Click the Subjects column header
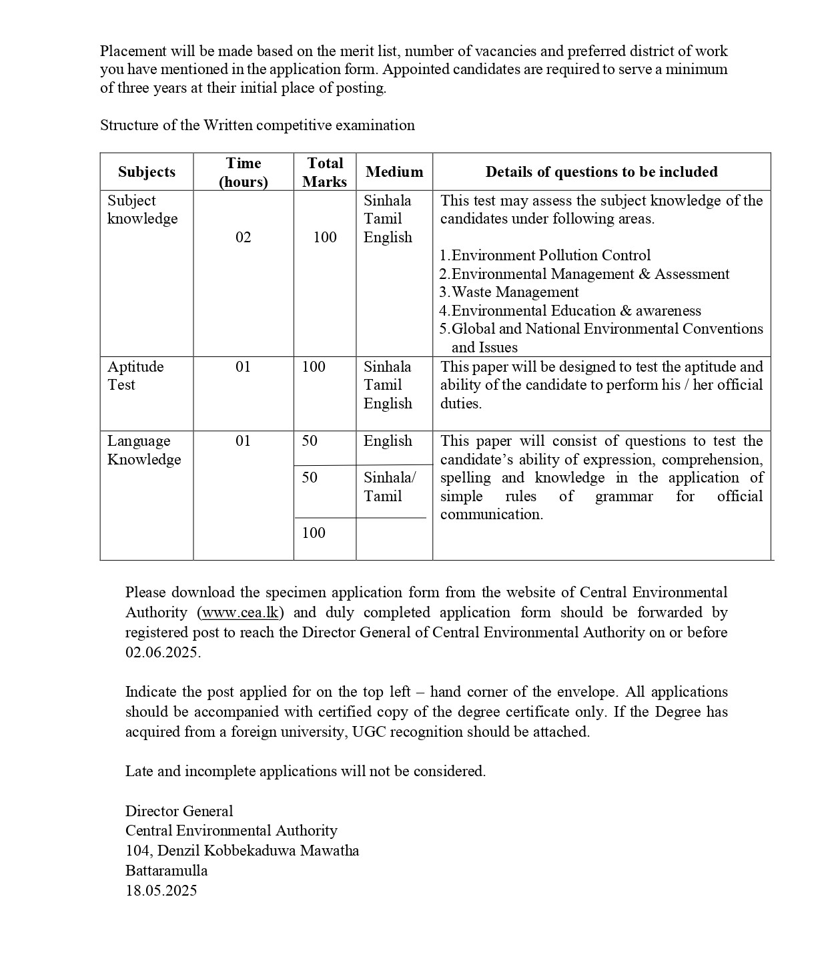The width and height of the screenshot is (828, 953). click(146, 172)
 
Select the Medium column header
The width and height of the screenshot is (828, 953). click(394, 172)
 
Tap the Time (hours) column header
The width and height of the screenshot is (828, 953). click(244, 172)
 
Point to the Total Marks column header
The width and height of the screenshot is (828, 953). click(325, 172)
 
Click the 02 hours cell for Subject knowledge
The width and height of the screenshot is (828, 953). click(244, 237)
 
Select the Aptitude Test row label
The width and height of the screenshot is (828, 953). click(135, 376)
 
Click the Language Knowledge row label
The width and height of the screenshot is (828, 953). click(144, 450)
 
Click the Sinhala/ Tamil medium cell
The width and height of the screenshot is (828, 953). click(390, 487)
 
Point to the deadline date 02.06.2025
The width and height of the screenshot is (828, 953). click(162, 653)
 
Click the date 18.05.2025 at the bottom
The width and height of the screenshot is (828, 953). click(161, 890)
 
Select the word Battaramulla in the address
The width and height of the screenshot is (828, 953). click(166, 870)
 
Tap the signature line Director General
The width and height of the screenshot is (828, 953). click(179, 811)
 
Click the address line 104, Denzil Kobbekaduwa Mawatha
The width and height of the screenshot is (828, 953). click(242, 850)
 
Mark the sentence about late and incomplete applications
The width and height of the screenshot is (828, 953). click(305, 771)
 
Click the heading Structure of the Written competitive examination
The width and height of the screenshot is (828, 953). click(257, 125)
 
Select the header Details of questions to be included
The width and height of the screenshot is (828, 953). click(601, 172)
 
